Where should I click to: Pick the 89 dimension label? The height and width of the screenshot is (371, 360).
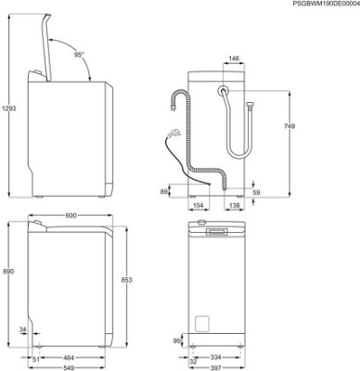[x=164, y=191]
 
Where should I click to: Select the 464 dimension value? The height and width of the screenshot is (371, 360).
[x=68, y=357]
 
